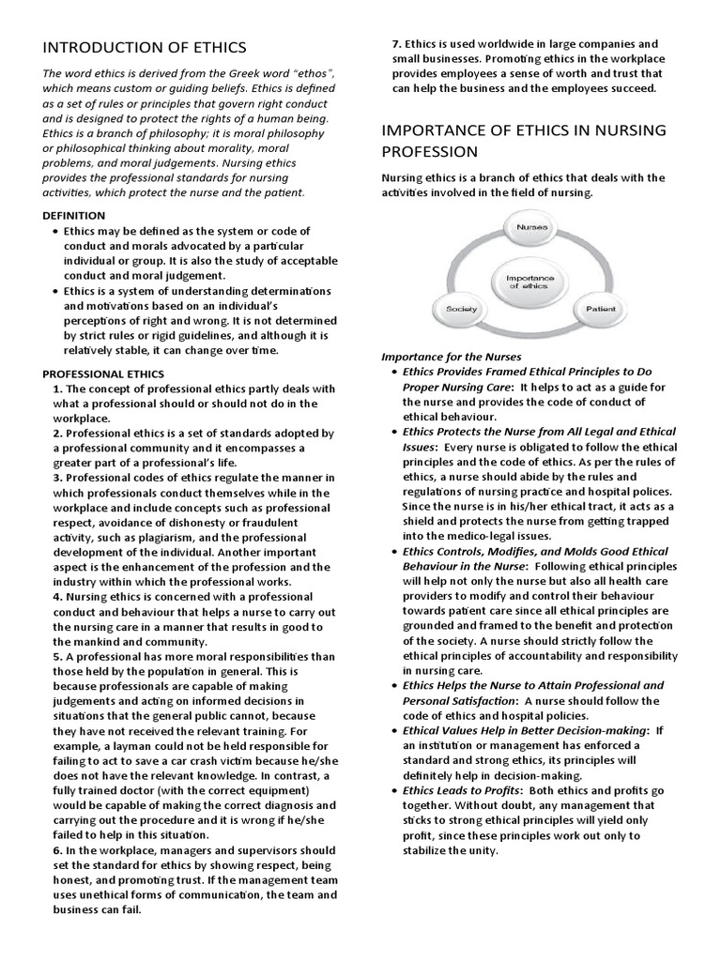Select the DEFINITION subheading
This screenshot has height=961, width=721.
70,215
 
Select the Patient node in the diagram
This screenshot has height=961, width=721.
600,307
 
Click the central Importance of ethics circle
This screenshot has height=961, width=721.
530,281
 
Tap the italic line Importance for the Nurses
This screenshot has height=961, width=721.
451,358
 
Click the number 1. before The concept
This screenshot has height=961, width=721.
58,389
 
